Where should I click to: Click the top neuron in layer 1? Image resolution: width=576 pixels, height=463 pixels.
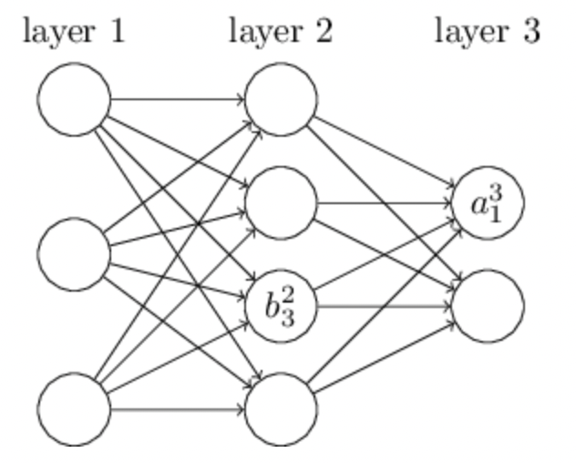74,96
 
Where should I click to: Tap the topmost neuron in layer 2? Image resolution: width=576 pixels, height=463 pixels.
281,96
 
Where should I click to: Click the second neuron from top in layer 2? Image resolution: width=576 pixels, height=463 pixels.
281,201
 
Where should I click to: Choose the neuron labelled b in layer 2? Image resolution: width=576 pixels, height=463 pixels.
281,305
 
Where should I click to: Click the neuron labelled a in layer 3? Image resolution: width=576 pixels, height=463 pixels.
488,201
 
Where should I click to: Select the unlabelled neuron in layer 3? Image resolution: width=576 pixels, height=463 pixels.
488,305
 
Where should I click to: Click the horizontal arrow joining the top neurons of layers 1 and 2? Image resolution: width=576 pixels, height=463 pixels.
178,96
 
